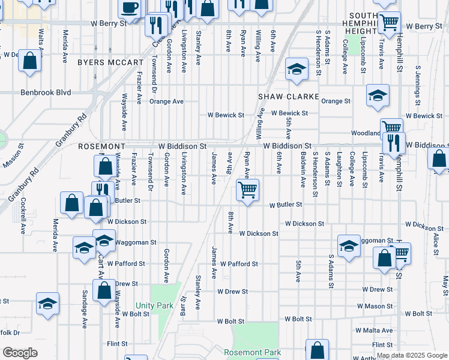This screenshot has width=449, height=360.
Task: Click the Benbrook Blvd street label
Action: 46,92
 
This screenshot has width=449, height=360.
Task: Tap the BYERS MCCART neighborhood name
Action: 110,62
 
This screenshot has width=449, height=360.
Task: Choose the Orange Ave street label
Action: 166,101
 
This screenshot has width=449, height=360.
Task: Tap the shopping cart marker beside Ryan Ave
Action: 247,191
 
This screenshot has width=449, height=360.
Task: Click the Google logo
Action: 20,353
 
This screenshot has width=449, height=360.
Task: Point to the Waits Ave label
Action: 41,37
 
